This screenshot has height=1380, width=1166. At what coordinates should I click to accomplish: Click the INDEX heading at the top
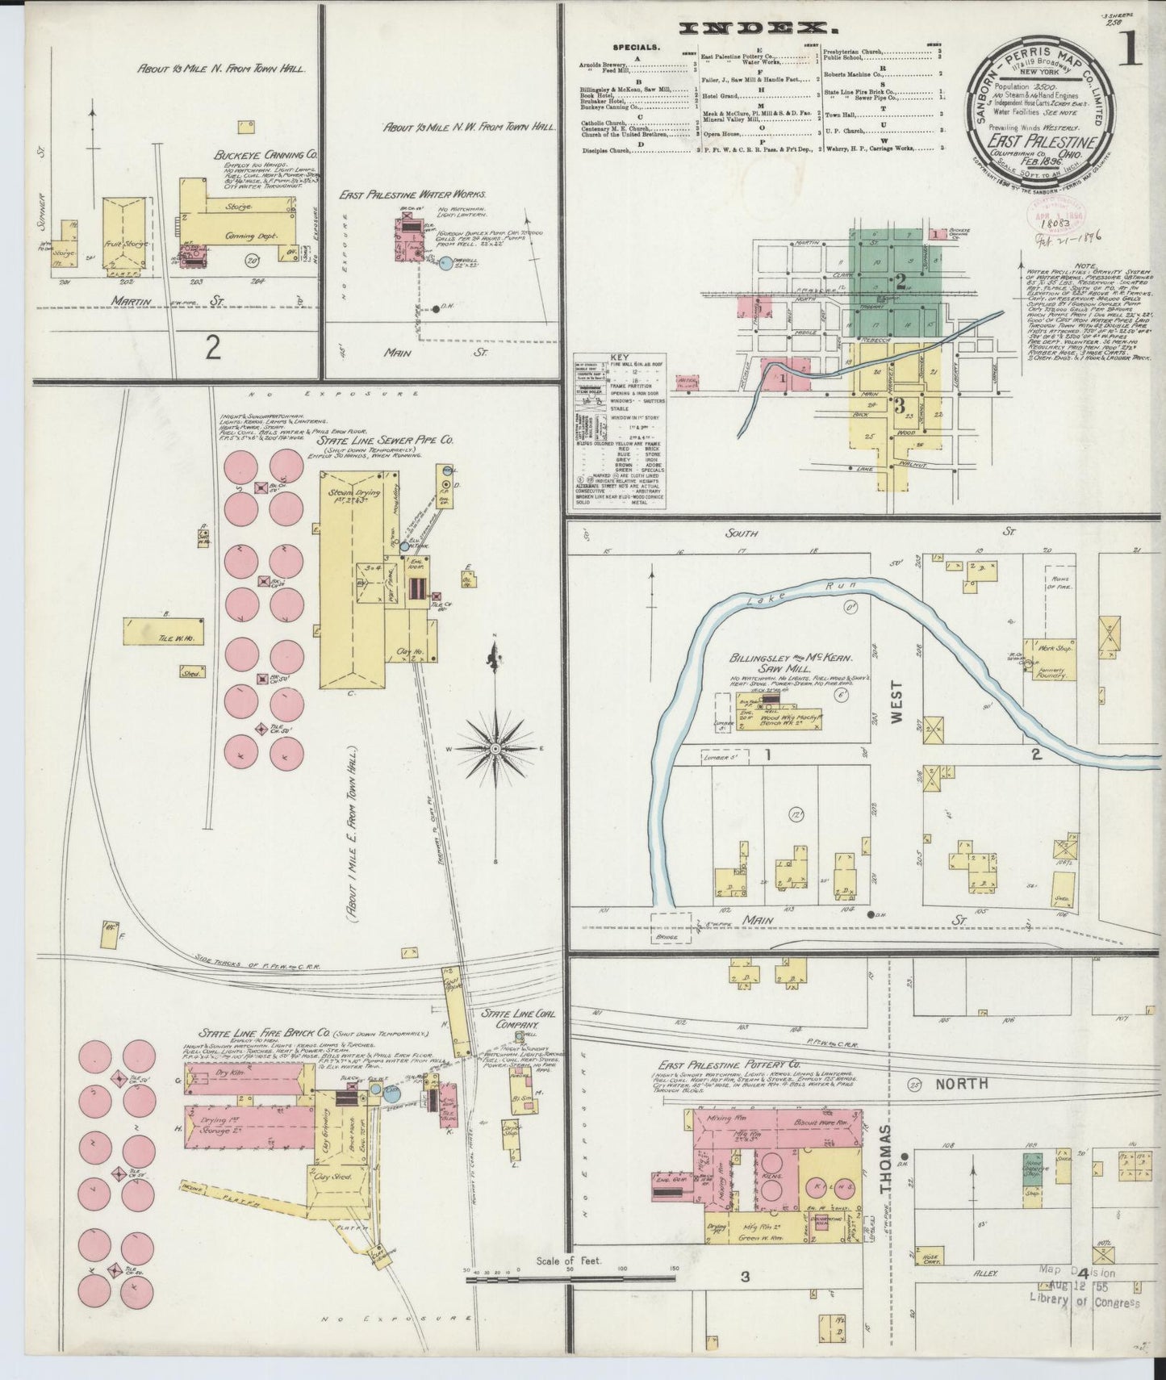coord(746,28)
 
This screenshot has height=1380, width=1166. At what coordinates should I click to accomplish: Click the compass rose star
coord(494,750)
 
